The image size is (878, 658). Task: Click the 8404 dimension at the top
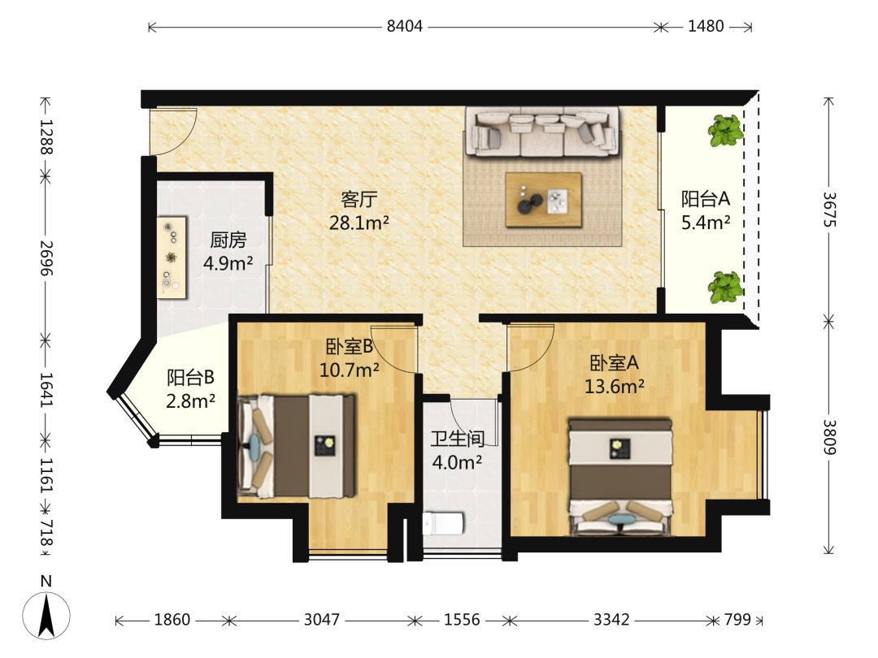pyautogui.click(x=404, y=26)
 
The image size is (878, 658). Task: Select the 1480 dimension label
pyautogui.click(x=706, y=26)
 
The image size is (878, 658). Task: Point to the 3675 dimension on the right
pyautogui.click(x=829, y=210)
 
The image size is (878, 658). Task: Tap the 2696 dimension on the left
pyautogui.click(x=46, y=258)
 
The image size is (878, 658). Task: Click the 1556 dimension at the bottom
pyautogui.click(x=462, y=619)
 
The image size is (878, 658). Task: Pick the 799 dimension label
pyautogui.click(x=737, y=619)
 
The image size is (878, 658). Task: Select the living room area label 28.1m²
pyautogui.click(x=359, y=223)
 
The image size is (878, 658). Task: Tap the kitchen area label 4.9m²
pyautogui.click(x=228, y=263)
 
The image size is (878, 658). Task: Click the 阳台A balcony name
pyautogui.click(x=706, y=199)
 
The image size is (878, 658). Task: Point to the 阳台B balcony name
pyautogui.click(x=190, y=377)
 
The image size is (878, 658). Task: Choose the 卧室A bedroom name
pyautogui.click(x=615, y=363)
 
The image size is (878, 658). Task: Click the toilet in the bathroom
pyautogui.click(x=443, y=524)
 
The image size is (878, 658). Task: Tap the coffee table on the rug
pyautogui.click(x=543, y=200)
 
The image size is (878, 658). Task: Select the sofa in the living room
pyautogui.click(x=543, y=132)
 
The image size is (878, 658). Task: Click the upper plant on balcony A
pyautogui.click(x=726, y=130)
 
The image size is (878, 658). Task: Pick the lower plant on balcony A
pyautogui.click(x=726, y=287)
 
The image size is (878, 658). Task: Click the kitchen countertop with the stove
pyautogui.click(x=172, y=258)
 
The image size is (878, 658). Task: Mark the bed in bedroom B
pyautogui.click(x=297, y=446)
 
